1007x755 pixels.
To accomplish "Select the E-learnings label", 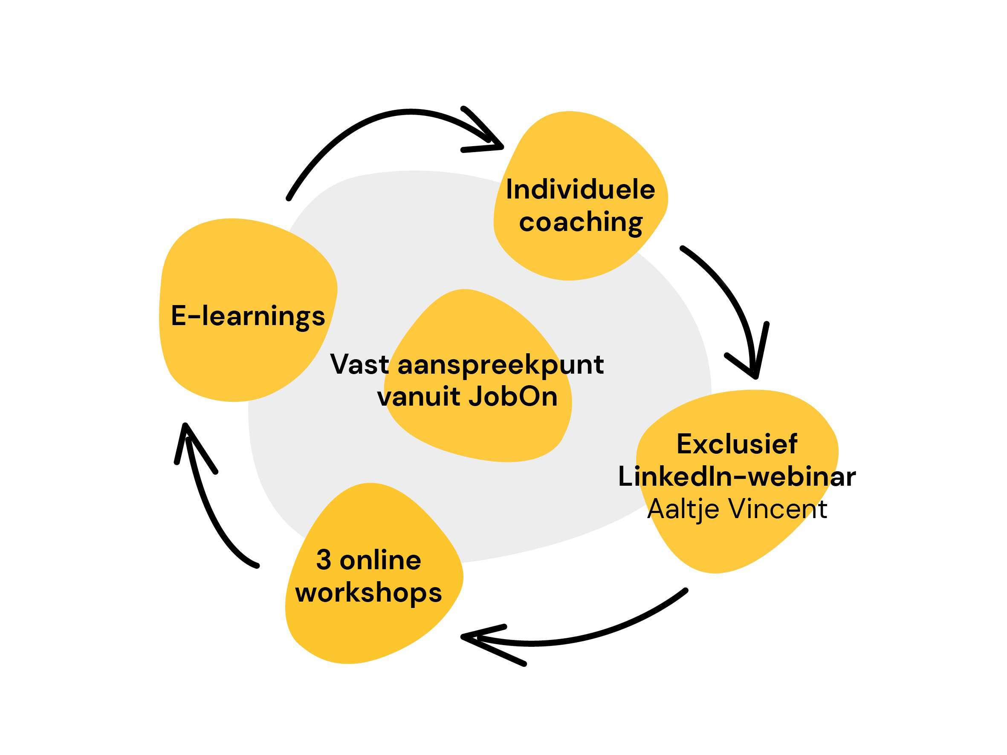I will tap(248, 316).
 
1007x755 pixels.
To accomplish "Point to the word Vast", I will tap(360, 365).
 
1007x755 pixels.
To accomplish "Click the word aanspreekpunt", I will tap(501, 366).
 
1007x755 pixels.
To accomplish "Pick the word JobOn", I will tap(513, 396).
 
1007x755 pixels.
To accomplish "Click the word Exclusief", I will tap(737, 444).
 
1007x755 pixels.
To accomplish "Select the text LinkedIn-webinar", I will tap(737, 476).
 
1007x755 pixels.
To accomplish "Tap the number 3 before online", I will tap(323, 560).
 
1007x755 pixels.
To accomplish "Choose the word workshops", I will tap(368, 593).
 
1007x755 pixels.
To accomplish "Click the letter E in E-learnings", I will tap(179, 315).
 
